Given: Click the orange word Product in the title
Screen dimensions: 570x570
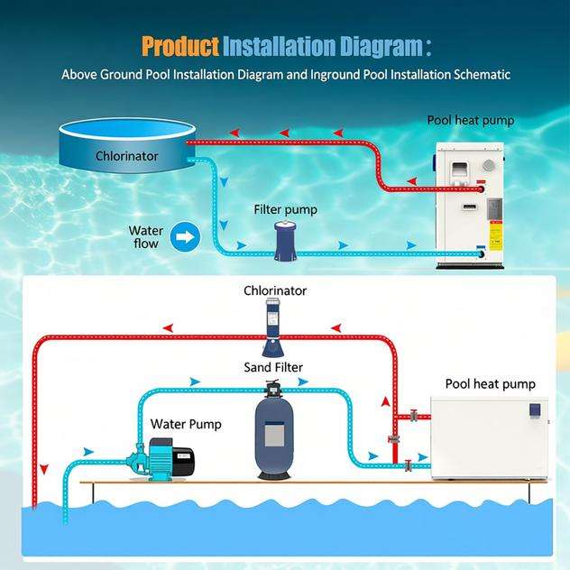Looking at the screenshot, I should coord(180,46).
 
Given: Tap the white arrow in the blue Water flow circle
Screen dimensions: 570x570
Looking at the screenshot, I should coord(185,237).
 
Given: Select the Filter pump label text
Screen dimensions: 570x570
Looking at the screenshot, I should coord(285,209).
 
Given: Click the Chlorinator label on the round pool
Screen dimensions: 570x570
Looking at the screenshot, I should coord(127,156).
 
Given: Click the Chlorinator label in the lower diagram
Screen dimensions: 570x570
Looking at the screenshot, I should coord(275,290).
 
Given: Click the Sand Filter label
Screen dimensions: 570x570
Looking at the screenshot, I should coord(273,367).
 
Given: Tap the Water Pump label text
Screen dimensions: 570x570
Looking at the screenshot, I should coord(186,424).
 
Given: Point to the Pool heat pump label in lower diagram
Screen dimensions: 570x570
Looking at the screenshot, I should coord(490,384).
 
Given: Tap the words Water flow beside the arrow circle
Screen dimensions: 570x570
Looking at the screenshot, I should coord(145,237).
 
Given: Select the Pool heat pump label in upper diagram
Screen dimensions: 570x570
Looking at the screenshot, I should coord(470,120).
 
